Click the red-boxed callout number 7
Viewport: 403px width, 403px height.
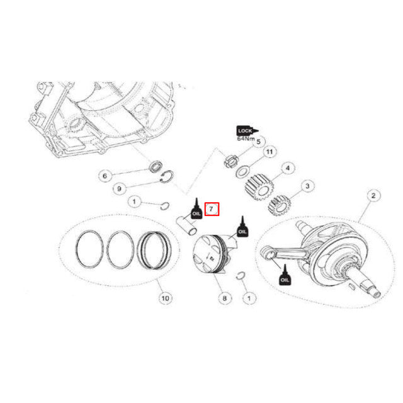point(212,208)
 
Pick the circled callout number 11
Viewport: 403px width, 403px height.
point(269,153)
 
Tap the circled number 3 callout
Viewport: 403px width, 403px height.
point(307,186)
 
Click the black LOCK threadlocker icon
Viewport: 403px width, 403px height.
point(246,131)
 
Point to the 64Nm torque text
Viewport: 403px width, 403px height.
point(245,139)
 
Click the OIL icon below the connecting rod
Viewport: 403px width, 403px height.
point(285,275)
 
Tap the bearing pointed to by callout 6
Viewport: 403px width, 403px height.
point(154,167)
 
